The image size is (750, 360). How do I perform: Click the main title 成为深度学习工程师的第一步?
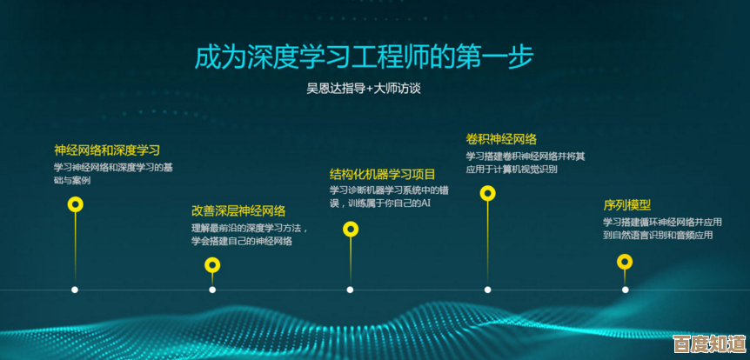[364, 57]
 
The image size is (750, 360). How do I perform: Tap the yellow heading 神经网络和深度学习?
[107, 150]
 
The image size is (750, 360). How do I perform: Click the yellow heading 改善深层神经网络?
[238, 210]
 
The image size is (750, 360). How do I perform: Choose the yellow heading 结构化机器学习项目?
[382, 173]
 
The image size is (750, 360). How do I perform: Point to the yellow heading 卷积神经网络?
[501, 139]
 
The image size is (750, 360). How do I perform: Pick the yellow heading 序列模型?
[627, 205]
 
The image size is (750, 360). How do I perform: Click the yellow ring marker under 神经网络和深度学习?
[76, 205]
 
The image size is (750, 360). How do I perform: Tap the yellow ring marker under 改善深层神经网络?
[212, 267]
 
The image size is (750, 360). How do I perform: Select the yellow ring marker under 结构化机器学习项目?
[351, 230]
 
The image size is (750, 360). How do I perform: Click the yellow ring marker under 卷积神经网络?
[488, 193]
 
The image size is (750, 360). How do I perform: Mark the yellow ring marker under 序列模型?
[625, 261]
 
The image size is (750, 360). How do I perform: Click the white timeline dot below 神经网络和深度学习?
[75, 290]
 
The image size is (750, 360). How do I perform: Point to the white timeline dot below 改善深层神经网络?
[212, 290]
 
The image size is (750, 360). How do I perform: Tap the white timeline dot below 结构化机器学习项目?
[350, 290]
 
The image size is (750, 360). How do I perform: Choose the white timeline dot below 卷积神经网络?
[487, 290]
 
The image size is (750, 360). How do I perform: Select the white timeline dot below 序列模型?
[625, 290]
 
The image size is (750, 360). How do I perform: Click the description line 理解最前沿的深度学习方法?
[250, 228]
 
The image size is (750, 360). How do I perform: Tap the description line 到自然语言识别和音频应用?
[658, 235]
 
